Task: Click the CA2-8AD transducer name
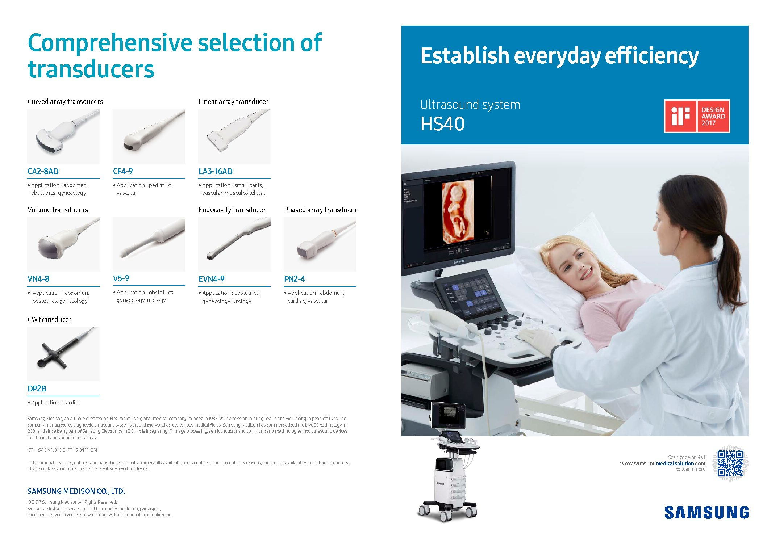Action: point(43,171)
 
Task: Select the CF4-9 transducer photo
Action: point(149,136)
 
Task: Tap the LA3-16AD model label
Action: point(216,171)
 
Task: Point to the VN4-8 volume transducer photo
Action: point(63,244)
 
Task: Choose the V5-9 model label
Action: point(121,278)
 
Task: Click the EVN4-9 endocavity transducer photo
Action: point(234,244)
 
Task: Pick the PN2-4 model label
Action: point(295,279)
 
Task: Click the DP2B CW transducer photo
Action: point(63,354)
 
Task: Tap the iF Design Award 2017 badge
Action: point(697,116)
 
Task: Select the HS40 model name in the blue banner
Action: point(442,124)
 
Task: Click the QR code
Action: point(730,463)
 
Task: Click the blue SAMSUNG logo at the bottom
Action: point(706,513)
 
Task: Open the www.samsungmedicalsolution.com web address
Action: point(663,463)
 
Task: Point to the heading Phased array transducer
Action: point(320,210)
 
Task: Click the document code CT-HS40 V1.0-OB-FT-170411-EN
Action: point(62,450)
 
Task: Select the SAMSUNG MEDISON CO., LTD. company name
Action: point(76,491)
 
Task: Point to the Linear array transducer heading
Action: point(234,101)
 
